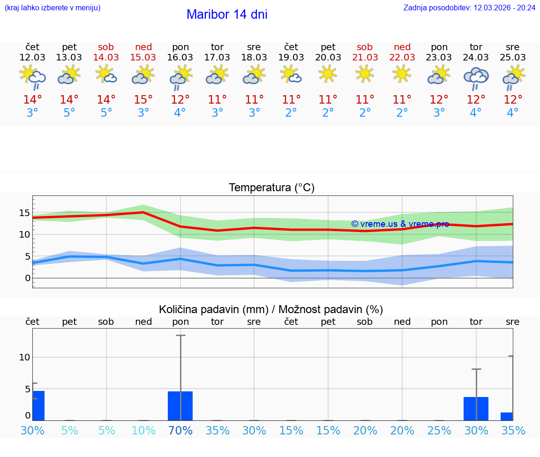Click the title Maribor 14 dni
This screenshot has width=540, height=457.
(227, 15)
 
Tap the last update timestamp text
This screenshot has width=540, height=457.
(469, 8)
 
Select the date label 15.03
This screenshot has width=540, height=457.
(143, 58)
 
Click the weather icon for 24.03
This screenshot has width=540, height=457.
(476, 78)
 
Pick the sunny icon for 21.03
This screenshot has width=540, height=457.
(365, 74)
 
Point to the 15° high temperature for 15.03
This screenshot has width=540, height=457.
(143, 99)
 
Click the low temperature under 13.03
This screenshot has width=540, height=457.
(69, 113)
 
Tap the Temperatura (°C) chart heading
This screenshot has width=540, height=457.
(271, 188)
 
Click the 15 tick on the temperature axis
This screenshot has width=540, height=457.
(24, 213)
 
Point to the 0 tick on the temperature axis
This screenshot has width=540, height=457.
(28, 278)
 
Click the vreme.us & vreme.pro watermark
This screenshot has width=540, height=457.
(400, 224)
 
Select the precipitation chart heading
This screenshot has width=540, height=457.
(271, 309)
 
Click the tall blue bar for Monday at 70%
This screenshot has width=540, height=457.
(180, 406)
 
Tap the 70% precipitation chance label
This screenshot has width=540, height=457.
(180, 430)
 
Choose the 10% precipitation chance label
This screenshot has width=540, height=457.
(143, 430)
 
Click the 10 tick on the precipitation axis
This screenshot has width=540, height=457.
(24, 357)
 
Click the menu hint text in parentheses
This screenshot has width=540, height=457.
(52, 8)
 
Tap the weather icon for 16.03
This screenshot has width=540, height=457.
(180, 78)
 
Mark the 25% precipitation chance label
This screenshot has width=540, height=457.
(439, 430)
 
